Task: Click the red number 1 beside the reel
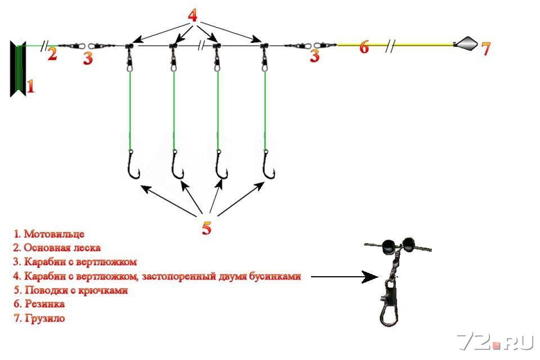30,86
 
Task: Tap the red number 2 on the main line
52,54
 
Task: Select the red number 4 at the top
192,16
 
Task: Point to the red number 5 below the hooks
206,228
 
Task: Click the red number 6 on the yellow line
364,47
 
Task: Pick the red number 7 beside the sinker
485,49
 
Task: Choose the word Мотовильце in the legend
54,234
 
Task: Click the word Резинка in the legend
44,304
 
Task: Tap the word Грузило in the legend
44,318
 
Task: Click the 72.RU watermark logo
495,342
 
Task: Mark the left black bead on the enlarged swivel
388,246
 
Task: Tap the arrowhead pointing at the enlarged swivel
370,277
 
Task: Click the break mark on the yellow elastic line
390,46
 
